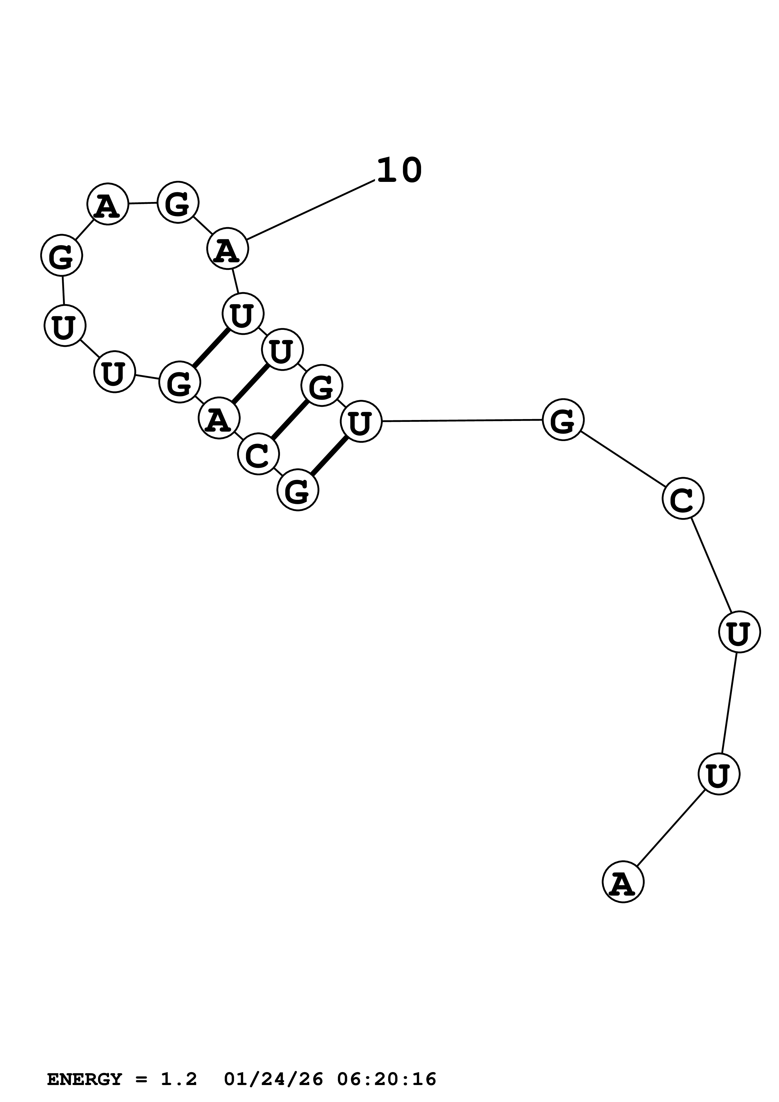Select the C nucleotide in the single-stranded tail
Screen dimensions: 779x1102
coord(683,498)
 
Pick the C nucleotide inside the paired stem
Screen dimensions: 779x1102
coord(258,454)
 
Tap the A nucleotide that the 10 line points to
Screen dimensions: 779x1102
coord(228,249)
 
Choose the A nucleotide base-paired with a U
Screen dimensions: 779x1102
coord(219,418)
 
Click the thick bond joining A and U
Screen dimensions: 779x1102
coord(250,384)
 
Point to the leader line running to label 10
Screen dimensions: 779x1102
coord(310,210)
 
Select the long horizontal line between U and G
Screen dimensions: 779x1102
coord(462,420)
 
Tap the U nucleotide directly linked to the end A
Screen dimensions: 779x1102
coord(719,774)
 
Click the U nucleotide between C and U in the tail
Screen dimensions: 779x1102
coord(739,632)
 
